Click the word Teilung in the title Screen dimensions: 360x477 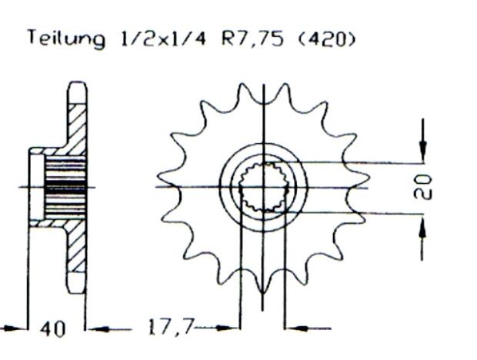[x=65, y=38]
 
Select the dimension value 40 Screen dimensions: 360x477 [x=53, y=329]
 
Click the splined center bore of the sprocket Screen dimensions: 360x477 [x=264, y=186]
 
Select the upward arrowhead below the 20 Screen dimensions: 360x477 [x=422, y=225]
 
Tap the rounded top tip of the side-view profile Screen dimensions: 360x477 [x=77, y=85]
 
